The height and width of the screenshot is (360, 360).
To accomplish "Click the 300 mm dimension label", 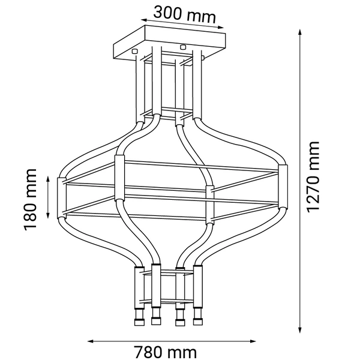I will (184, 13).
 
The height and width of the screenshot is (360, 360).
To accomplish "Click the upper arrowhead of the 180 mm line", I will (49, 177).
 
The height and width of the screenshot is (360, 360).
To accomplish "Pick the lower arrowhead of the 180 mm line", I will (49, 217).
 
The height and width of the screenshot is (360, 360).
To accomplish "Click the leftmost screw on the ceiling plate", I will (135, 51).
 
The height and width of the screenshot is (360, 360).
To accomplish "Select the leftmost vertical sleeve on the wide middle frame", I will (60, 197).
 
